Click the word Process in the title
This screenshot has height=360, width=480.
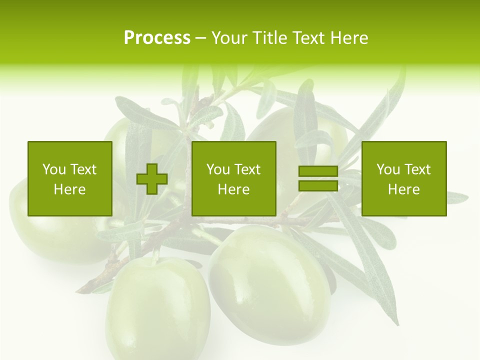(x=157, y=38)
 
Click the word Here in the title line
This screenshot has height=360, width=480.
(x=349, y=38)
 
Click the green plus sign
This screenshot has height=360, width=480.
(x=152, y=179)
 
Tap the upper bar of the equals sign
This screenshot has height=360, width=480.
(x=318, y=171)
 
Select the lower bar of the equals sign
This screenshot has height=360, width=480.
(x=318, y=186)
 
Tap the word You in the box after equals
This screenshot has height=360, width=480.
(x=387, y=169)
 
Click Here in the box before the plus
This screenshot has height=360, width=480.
(x=69, y=189)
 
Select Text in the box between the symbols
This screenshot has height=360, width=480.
(x=248, y=169)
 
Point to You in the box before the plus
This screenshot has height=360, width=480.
(x=53, y=169)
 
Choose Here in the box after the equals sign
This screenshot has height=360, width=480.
(x=403, y=189)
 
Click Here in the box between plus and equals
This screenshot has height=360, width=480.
(x=233, y=189)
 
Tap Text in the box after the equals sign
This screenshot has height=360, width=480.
(x=418, y=169)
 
